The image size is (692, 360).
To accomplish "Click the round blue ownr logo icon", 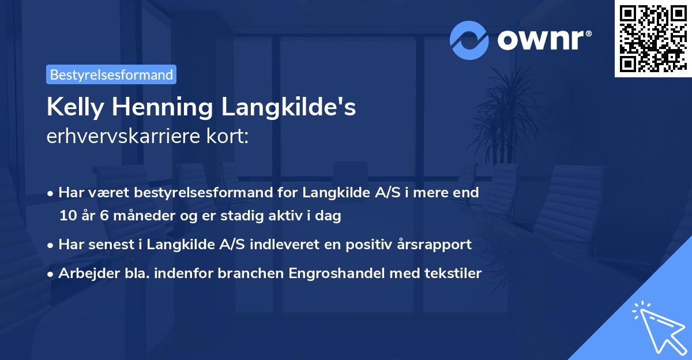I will [x=469, y=40].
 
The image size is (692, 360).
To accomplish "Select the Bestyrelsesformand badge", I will [x=111, y=74].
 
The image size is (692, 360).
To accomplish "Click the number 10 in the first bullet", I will [x=67, y=216].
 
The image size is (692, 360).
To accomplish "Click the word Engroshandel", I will [x=330, y=273].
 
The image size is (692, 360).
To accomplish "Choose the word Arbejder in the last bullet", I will [x=84, y=273].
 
